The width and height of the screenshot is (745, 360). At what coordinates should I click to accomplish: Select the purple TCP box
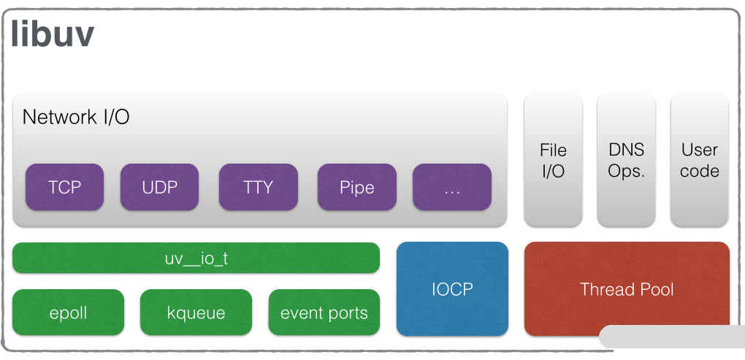point(65,187)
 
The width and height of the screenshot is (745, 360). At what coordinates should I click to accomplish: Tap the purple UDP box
point(159,187)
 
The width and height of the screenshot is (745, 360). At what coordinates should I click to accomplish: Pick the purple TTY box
point(259,187)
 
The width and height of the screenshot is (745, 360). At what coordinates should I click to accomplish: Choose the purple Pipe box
point(357,187)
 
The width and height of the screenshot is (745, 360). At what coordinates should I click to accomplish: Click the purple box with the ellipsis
point(452,187)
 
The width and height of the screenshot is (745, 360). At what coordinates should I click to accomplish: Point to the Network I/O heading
point(76,117)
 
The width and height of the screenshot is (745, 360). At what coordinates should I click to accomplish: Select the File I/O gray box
point(553,160)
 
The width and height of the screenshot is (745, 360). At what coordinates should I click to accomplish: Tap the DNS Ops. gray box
point(626,160)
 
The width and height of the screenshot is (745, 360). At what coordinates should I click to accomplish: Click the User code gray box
point(700,160)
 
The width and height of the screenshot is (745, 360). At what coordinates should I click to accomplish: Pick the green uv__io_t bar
point(196,258)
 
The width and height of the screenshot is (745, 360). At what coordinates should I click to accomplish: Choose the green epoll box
point(69,313)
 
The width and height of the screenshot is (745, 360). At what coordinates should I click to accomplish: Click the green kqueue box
point(196,313)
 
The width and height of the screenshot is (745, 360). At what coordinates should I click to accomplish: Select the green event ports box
point(324,313)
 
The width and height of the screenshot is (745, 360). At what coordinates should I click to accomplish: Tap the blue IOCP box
point(452,288)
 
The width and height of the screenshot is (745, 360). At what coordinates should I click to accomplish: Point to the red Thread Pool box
point(627,288)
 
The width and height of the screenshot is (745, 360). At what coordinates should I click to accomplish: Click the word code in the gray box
point(700,171)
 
